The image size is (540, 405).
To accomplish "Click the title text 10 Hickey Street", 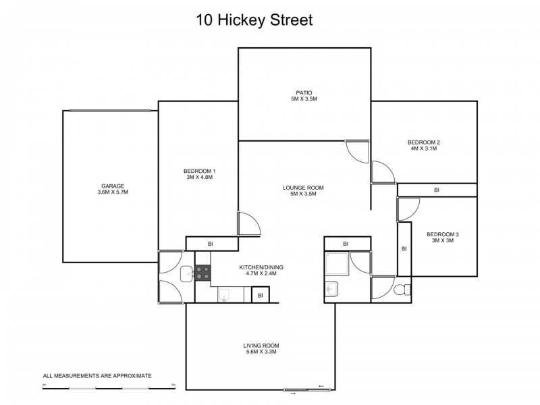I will point(254,20).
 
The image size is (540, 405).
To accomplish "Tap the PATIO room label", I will point(303,96).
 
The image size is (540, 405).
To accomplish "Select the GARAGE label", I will point(113,188).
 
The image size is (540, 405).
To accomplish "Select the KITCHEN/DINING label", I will point(261,271).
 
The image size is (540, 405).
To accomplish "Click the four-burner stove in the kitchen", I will point(202,272).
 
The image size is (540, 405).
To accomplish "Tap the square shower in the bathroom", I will point(336,265).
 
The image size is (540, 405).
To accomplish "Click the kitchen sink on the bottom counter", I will point(225,294).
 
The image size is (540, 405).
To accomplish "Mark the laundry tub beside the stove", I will point(186,273).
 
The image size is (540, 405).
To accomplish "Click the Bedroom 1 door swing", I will point(246,223).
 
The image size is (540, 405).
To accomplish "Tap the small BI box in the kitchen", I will point(259,295).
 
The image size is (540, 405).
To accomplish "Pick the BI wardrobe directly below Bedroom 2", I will point(437,190).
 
